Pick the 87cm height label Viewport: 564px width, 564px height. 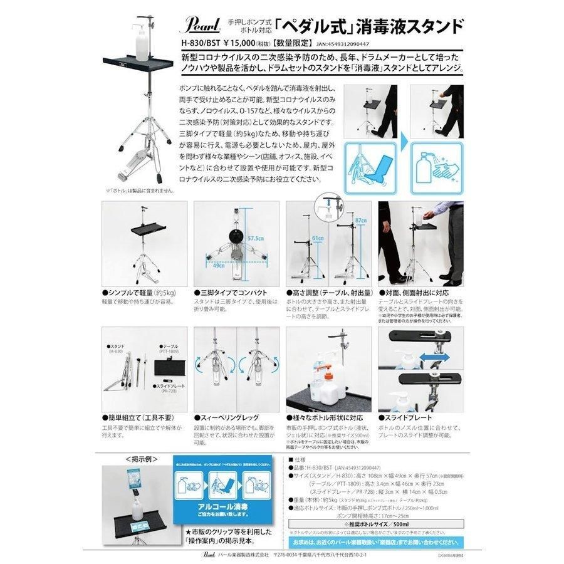[x=360, y=222]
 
